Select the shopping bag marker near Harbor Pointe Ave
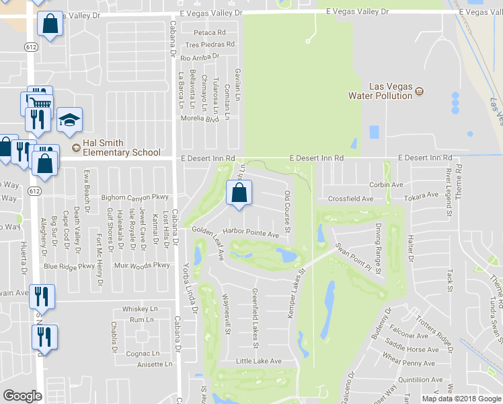239,193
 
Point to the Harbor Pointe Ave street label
256,234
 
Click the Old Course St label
287,211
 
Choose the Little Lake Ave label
258,361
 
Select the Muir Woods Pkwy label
142,265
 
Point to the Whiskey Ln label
139,309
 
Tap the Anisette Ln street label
155,364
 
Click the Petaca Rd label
209,32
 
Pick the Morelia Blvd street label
200,119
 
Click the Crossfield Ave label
350,199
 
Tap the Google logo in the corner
22,396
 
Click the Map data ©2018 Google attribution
461,399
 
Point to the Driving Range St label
379,249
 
